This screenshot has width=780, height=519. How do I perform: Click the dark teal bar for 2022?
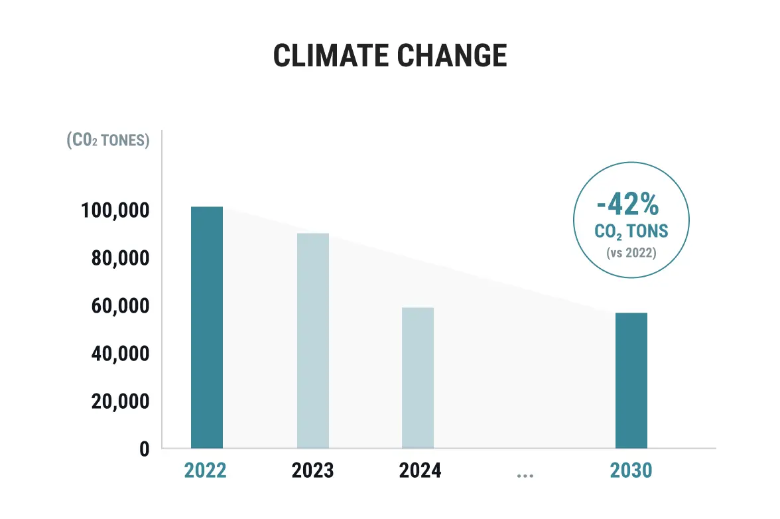click(207, 327)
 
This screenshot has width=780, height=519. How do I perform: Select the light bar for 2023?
click(312, 340)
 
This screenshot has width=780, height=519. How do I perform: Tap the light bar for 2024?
click(418, 378)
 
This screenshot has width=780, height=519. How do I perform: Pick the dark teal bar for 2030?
click(631, 380)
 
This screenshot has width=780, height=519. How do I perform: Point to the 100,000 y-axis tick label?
click(115, 211)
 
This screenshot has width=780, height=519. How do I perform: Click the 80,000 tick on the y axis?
click(119, 259)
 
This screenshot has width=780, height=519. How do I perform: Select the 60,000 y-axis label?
click(119, 307)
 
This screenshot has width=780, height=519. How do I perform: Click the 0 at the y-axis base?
click(144, 449)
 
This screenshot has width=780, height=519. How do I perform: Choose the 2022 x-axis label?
click(206, 471)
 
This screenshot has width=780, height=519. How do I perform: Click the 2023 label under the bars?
click(312, 471)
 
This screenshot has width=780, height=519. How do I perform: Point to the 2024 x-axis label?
click(420, 471)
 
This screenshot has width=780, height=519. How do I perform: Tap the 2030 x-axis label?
click(631, 471)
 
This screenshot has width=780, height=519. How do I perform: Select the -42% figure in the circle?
click(627, 204)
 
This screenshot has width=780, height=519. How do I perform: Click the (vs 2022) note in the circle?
click(631, 253)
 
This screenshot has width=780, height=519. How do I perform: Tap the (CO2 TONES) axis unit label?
click(108, 141)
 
